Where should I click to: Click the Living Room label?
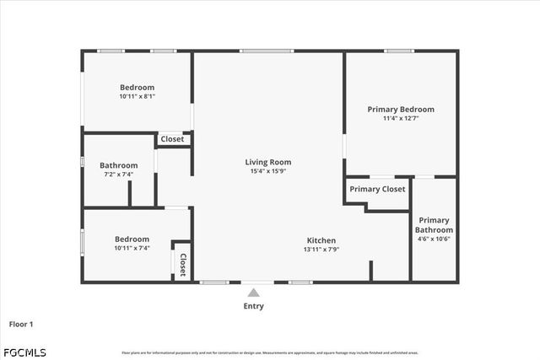(x=268, y=162)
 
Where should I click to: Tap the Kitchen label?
(x=321, y=240)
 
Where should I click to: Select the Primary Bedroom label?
(x=401, y=110)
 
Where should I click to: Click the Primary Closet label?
(x=377, y=189)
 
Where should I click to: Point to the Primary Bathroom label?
(x=435, y=225)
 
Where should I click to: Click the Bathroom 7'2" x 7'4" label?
(x=118, y=165)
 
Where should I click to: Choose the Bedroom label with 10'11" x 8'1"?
(x=137, y=88)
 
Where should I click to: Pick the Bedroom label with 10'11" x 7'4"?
(x=132, y=239)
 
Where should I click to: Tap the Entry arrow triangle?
(x=253, y=293)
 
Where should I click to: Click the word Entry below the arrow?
(x=253, y=306)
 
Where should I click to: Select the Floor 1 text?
(x=21, y=324)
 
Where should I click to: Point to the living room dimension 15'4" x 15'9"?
(x=268, y=171)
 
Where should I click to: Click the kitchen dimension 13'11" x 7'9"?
(x=321, y=250)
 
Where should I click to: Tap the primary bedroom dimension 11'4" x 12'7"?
(x=401, y=119)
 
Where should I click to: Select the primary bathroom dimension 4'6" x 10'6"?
(x=435, y=239)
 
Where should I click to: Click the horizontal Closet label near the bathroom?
(x=172, y=139)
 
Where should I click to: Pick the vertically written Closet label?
(x=182, y=261)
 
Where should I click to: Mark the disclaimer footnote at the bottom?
(x=270, y=352)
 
